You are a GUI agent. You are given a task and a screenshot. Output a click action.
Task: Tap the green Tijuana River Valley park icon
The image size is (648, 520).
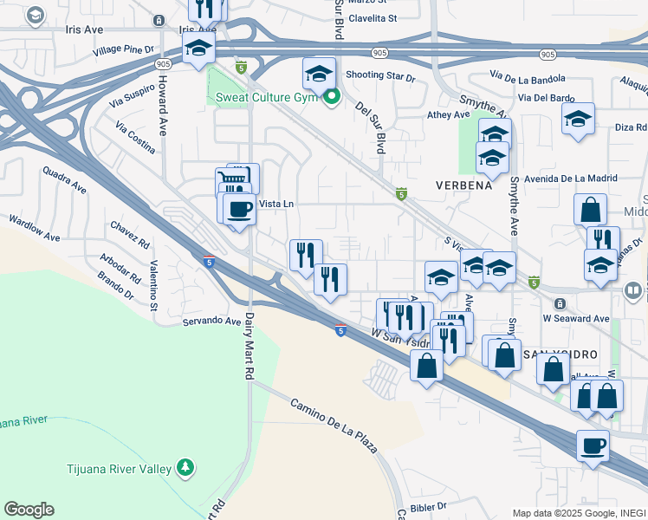coord(184,469)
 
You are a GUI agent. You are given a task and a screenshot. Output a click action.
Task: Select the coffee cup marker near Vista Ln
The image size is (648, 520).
coord(239,209)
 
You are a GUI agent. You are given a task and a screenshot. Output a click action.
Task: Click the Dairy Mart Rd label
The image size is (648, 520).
coord(249,344)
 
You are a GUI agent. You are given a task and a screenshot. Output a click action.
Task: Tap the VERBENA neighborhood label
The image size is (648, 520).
coord(463,185)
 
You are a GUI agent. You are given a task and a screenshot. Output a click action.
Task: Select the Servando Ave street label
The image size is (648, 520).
coord(211,321)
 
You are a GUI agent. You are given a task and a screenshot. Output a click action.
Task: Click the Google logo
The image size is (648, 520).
coord(29,510)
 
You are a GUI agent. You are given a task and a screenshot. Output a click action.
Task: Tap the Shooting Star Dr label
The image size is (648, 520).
coord(380,76)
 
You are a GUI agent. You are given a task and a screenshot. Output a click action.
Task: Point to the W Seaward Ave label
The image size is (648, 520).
coord(578,319)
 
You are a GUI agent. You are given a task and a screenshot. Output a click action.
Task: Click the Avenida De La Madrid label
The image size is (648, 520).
coord(569,179)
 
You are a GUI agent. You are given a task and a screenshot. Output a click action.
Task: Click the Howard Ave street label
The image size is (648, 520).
coord(162,104)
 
